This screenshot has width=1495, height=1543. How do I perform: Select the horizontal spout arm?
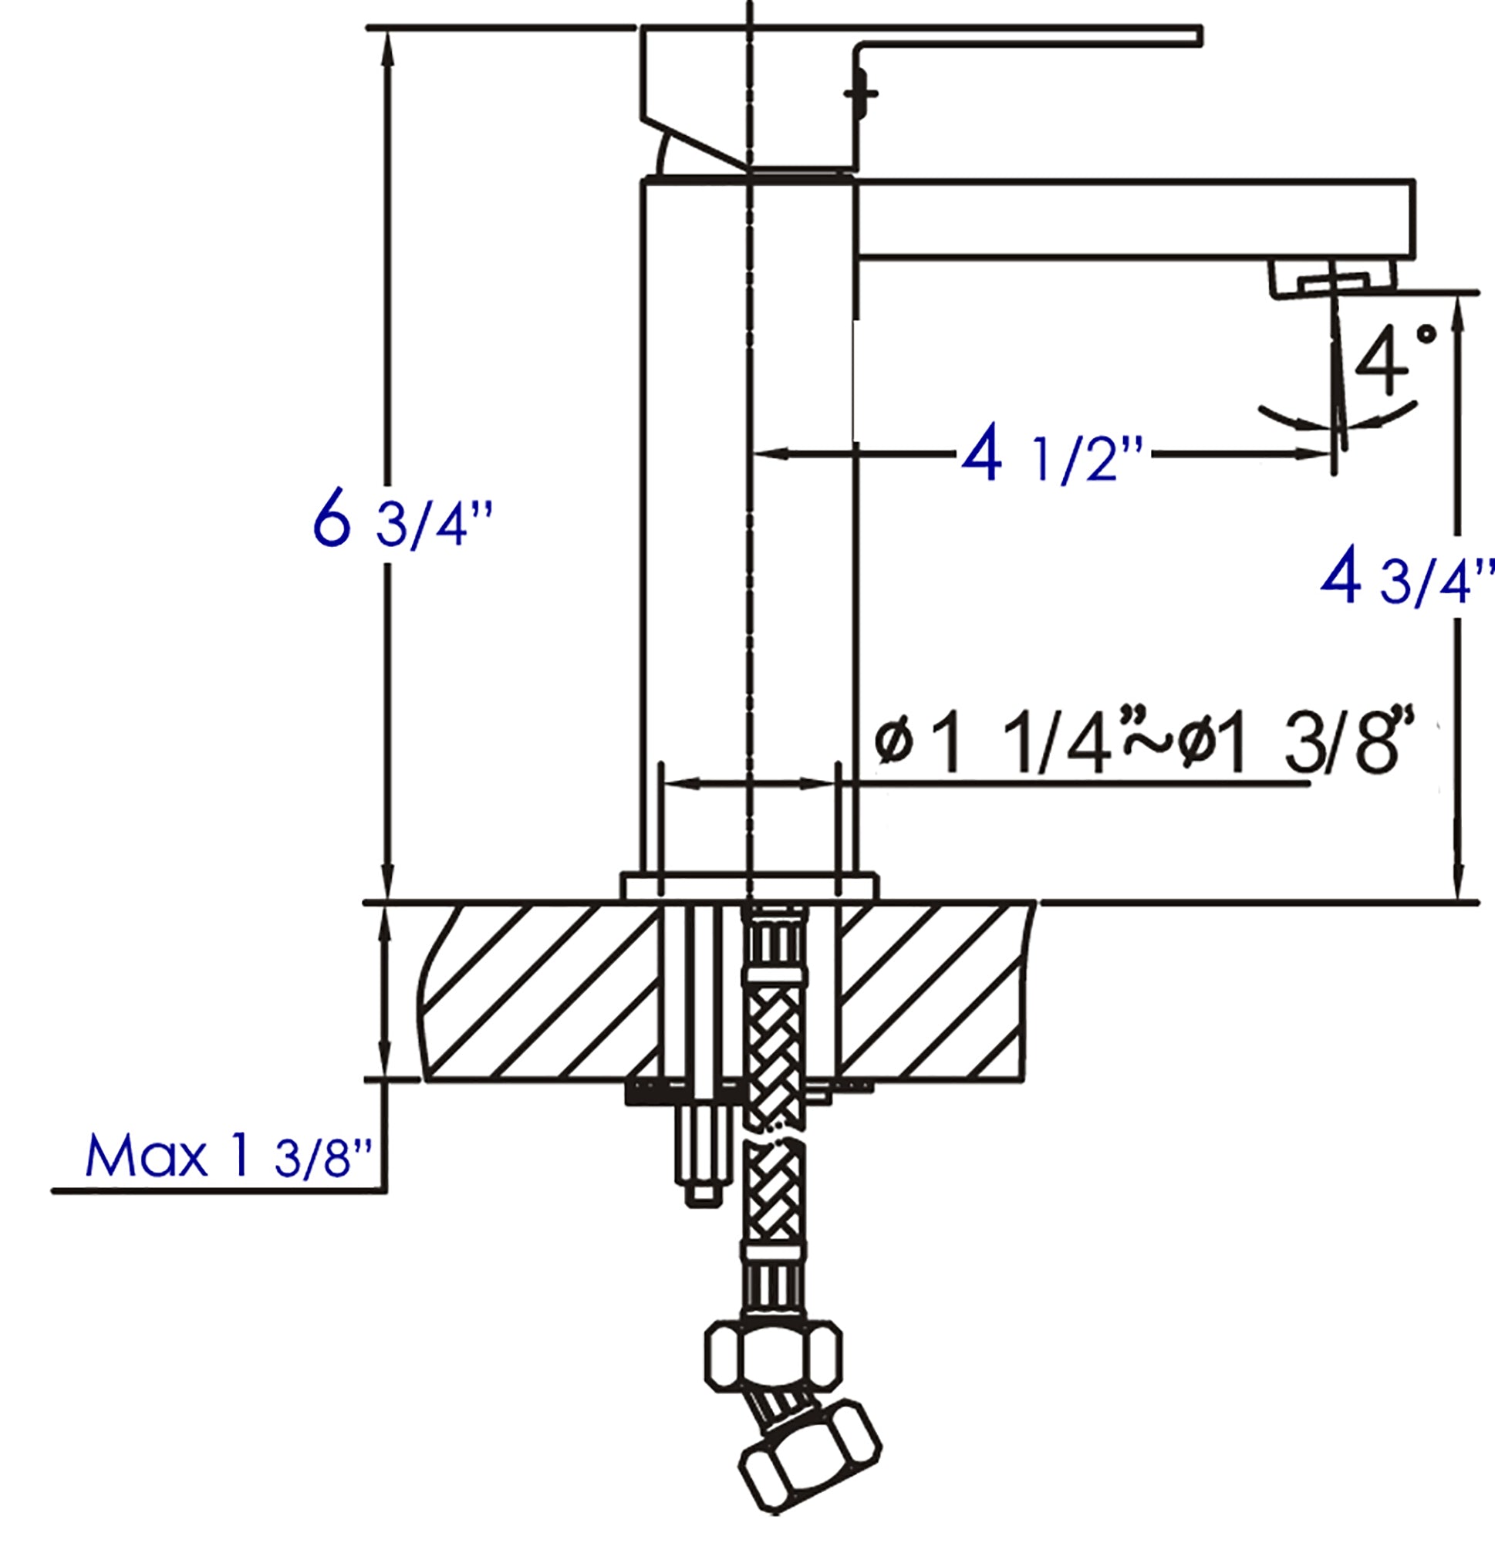click(1134, 218)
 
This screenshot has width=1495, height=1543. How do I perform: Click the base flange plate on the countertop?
click(748, 886)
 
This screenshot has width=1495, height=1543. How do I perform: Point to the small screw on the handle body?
click(860, 93)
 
